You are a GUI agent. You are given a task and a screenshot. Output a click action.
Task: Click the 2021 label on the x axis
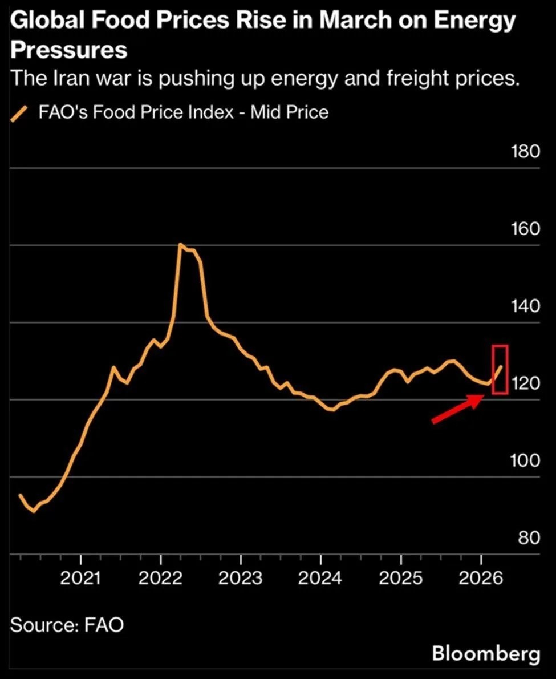(81, 578)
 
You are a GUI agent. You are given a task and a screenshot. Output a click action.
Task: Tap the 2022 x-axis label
(161, 578)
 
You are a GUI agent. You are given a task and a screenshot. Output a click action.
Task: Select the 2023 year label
(241, 578)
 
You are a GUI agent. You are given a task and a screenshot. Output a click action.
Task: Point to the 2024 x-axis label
(320, 578)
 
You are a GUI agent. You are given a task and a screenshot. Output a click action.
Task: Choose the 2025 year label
(400, 578)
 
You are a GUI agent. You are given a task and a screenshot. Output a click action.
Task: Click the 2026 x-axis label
(481, 578)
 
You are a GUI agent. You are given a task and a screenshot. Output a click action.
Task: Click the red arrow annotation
(456, 410)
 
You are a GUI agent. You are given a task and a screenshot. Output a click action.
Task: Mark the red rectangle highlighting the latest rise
(500, 369)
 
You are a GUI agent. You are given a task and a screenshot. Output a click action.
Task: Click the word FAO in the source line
(103, 625)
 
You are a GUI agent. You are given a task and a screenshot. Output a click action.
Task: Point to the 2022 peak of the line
(180, 245)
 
